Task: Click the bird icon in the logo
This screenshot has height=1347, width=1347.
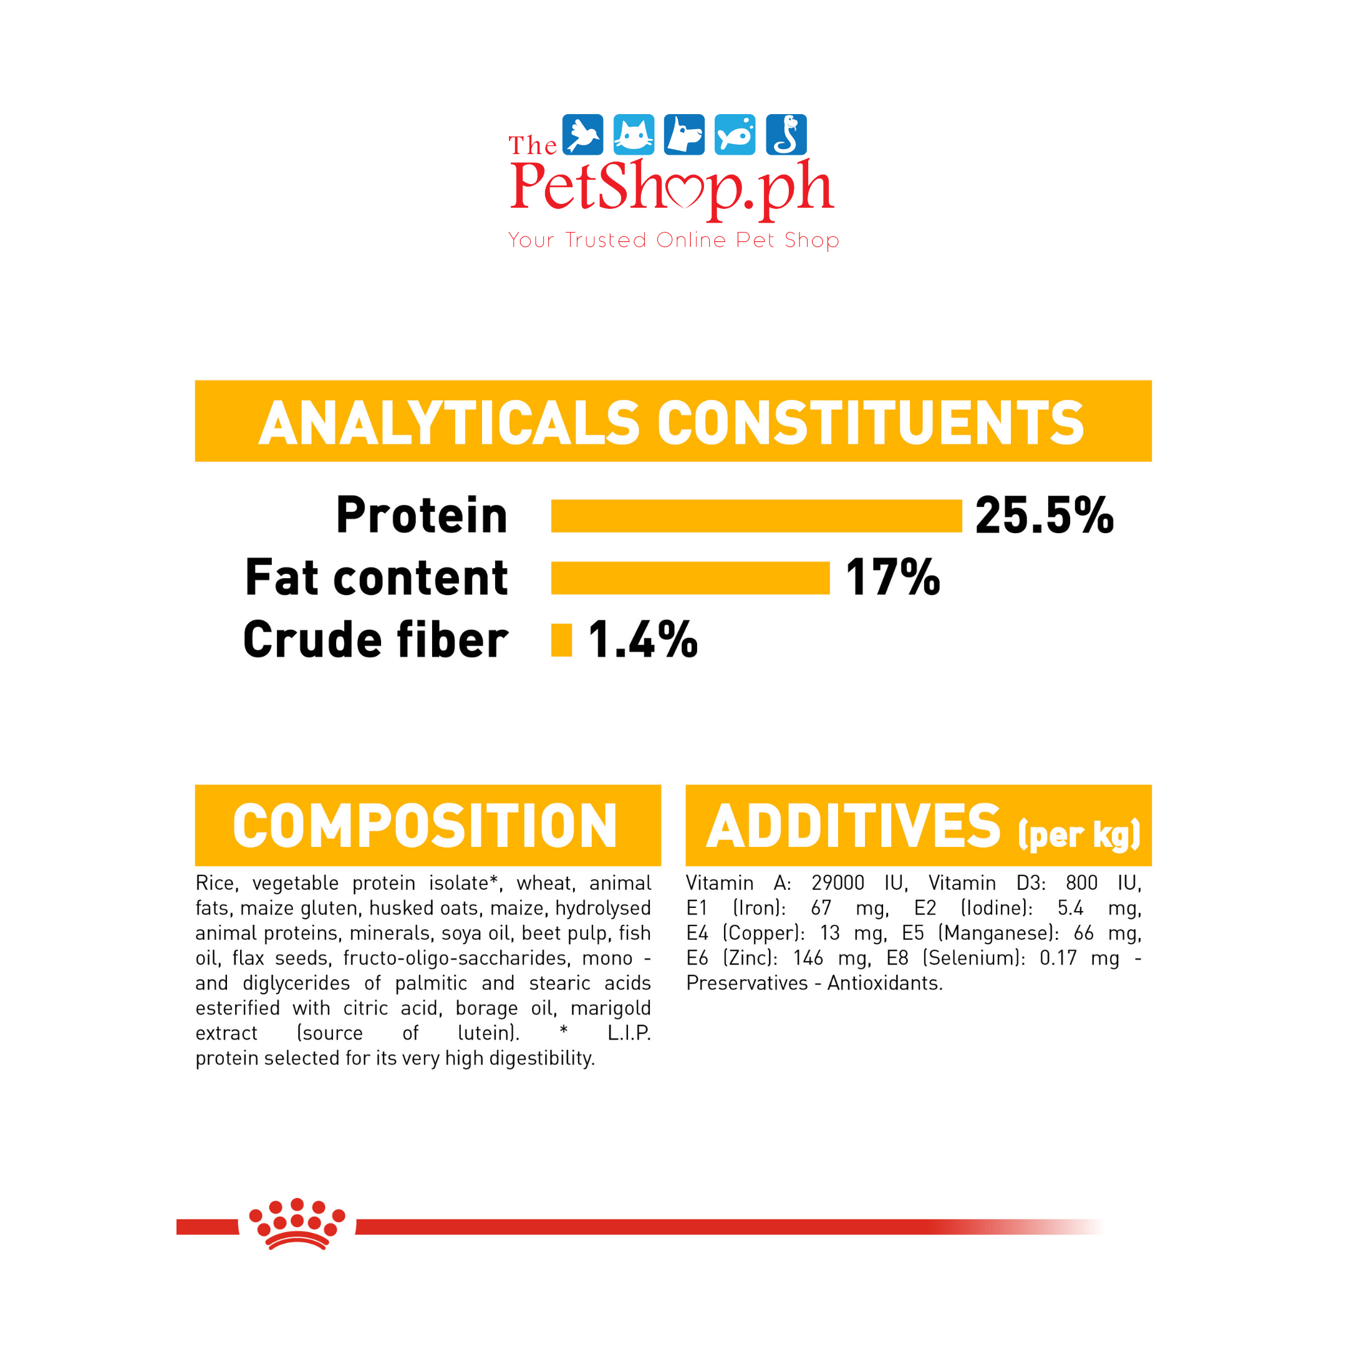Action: tap(582, 135)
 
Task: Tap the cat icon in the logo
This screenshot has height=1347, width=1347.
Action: tap(633, 135)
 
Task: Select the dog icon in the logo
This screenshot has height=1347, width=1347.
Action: tap(684, 135)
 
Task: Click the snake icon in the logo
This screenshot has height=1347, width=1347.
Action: tap(786, 135)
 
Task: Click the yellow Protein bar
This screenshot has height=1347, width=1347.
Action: tap(756, 516)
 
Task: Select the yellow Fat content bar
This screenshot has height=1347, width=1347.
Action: tap(690, 578)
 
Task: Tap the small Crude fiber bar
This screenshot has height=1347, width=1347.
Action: tap(561, 640)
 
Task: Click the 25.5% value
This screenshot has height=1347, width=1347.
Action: tap(1045, 516)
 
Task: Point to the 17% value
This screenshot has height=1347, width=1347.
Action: tap(892, 578)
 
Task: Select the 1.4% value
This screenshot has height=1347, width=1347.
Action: tap(642, 640)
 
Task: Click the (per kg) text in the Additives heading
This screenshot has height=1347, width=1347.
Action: tap(1079, 834)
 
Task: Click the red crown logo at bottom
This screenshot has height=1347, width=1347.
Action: tap(297, 1224)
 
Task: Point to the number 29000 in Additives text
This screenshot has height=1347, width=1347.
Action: tap(838, 884)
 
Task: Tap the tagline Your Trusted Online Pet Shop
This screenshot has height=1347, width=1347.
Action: tap(673, 241)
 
